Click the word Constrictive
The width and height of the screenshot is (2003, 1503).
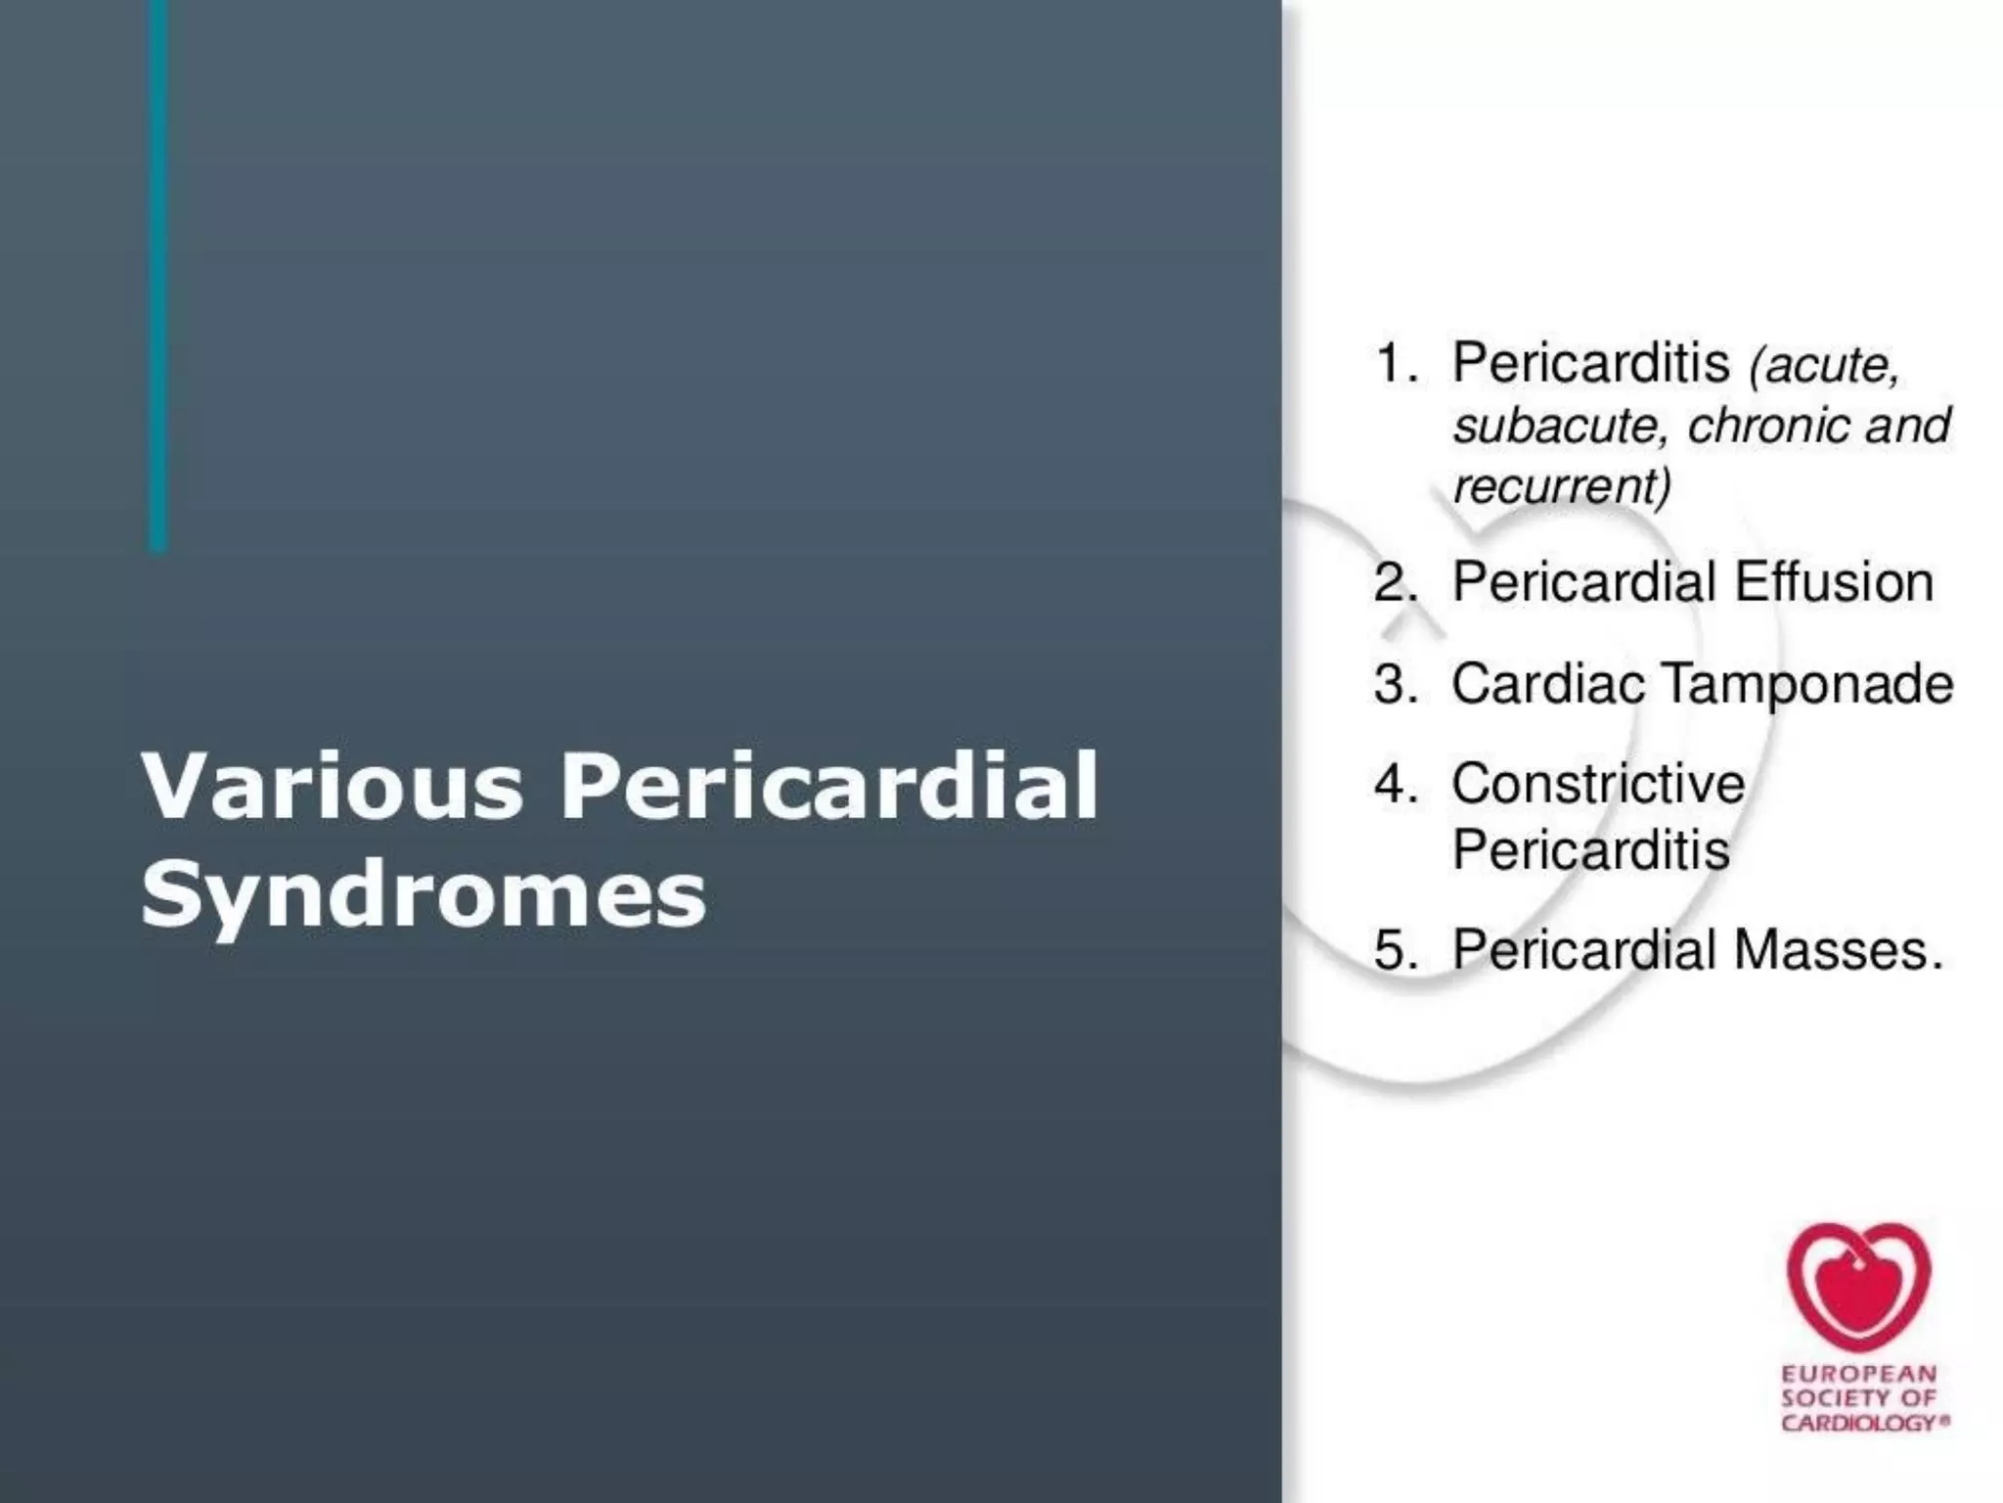tap(1598, 784)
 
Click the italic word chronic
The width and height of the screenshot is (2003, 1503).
tap(1769, 426)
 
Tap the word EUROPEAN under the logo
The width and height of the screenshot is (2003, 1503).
tap(1859, 1375)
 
